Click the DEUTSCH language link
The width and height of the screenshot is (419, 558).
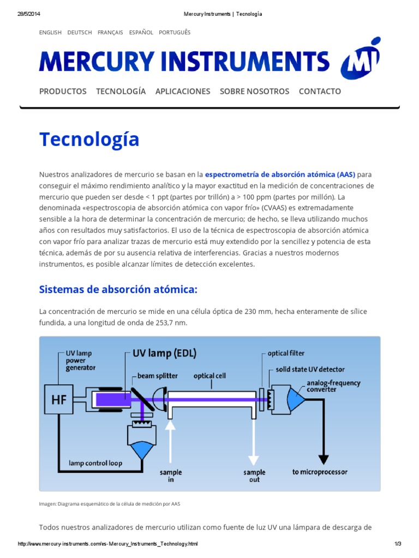pos(80,33)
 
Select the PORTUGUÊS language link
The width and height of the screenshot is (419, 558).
pos(175,33)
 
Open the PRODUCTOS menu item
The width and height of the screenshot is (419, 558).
pos(63,92)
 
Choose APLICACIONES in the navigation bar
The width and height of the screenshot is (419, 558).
pos(183,92)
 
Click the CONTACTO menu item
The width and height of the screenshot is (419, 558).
pos(320,92)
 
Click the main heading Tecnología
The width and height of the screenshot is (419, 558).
pos(89,140)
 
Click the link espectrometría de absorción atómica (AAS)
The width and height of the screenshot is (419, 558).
pos(280,174)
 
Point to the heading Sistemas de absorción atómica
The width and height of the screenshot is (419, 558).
pos(118,289)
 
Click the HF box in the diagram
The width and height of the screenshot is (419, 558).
pos(59,400)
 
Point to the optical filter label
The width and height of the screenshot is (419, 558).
pos(286,354)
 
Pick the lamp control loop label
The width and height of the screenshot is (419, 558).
pos(95,463)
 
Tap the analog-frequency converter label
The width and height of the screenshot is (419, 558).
pos(333,386)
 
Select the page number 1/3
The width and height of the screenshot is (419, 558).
pos(397,544)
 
